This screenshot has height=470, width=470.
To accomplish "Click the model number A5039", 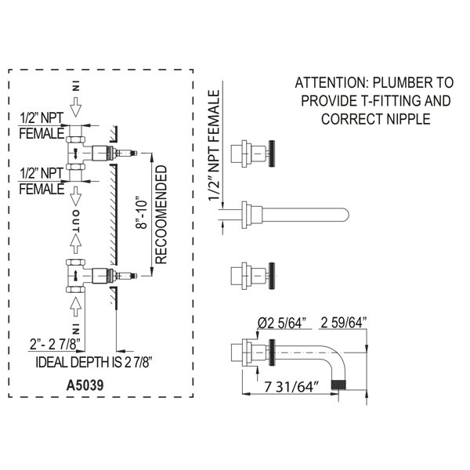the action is click(85, 385).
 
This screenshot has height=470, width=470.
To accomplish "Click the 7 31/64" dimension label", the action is click(291, 387).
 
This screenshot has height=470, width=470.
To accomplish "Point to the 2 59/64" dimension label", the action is click(344, 323).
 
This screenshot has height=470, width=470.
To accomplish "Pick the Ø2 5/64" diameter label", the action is click(282, 323).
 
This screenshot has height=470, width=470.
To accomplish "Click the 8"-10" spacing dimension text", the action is click(142, 213).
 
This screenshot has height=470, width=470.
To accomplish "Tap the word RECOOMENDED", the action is click(161, 215).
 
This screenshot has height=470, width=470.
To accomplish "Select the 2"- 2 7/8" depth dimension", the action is click(56, 345).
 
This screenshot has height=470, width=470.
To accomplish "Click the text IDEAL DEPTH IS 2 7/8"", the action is click(94, 363).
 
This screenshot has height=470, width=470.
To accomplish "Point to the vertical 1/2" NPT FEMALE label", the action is click(214, 146).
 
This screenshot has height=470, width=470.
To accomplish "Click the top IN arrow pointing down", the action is click(76, 107).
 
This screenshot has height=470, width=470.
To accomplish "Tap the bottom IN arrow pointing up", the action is click(75, 306).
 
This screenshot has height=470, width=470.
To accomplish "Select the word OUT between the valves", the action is click(76, 221).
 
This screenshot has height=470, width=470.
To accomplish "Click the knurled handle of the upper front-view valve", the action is click(272, 154).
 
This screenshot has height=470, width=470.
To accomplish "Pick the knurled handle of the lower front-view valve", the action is click(272, 276).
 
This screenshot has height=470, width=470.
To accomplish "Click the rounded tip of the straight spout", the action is click(345, 215).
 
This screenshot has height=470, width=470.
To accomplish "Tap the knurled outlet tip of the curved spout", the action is click(338, 385).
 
